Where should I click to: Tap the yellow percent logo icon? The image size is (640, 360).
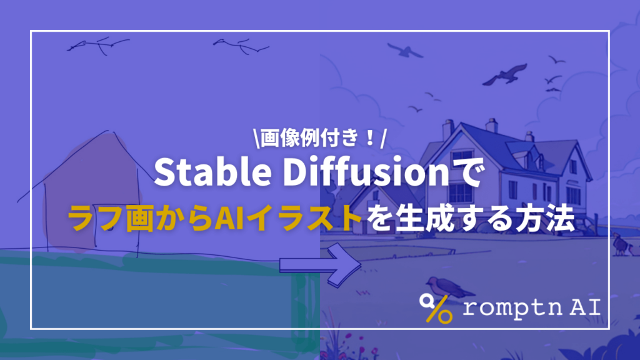click(436, 307)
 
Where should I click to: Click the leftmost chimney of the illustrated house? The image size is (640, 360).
click(447, 129)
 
